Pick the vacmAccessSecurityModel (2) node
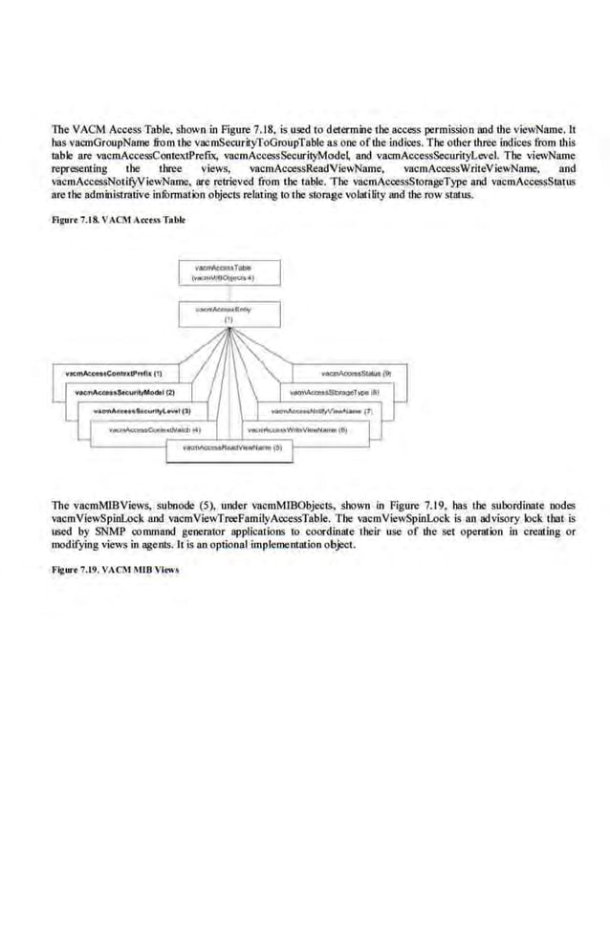click(x=125, y=392)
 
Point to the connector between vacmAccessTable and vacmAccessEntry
click(x=229, y=292)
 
